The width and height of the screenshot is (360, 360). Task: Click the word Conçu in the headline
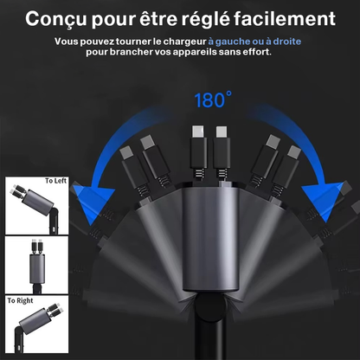(56, 19)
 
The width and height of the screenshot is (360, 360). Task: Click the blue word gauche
(233, 42)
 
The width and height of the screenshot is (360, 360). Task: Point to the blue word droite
(287, 42)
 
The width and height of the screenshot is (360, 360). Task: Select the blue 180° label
(213, 100)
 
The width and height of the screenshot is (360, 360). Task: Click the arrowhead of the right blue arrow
(323, 200)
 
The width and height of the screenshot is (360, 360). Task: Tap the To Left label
(55, 181)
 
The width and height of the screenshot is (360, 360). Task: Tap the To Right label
(20, 300)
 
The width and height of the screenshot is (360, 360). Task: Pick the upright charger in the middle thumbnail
(37, 265)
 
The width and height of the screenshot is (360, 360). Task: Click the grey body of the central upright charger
(210, 239)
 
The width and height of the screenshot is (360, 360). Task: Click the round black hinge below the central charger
(210, 305)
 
